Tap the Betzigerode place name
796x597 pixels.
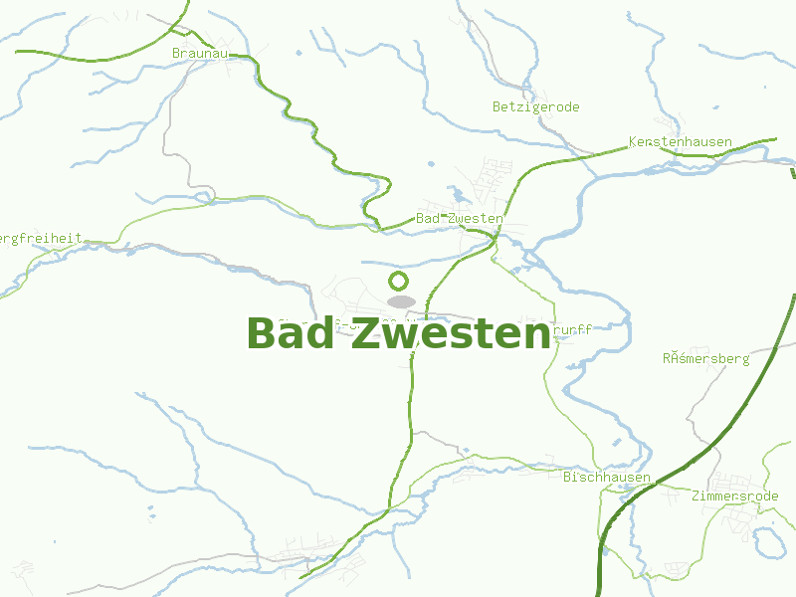(536, 107)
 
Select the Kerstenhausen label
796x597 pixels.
(681, 142)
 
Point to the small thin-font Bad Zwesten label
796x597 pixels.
(460, 218)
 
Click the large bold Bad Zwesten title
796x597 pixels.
(398, 333)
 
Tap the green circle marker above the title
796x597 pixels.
(399, 281)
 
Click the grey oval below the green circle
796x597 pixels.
(401, 300)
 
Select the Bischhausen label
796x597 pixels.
(607, 478)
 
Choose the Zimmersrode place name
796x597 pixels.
(734, 496)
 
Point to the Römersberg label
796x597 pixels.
(705, 358)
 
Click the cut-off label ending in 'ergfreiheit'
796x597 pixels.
(41, 239)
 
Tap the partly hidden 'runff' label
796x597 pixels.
(571, 329)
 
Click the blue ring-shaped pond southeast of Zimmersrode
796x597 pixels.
(769, 541)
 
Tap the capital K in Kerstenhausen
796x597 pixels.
(633, 142)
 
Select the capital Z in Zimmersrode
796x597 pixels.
(695, 496)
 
